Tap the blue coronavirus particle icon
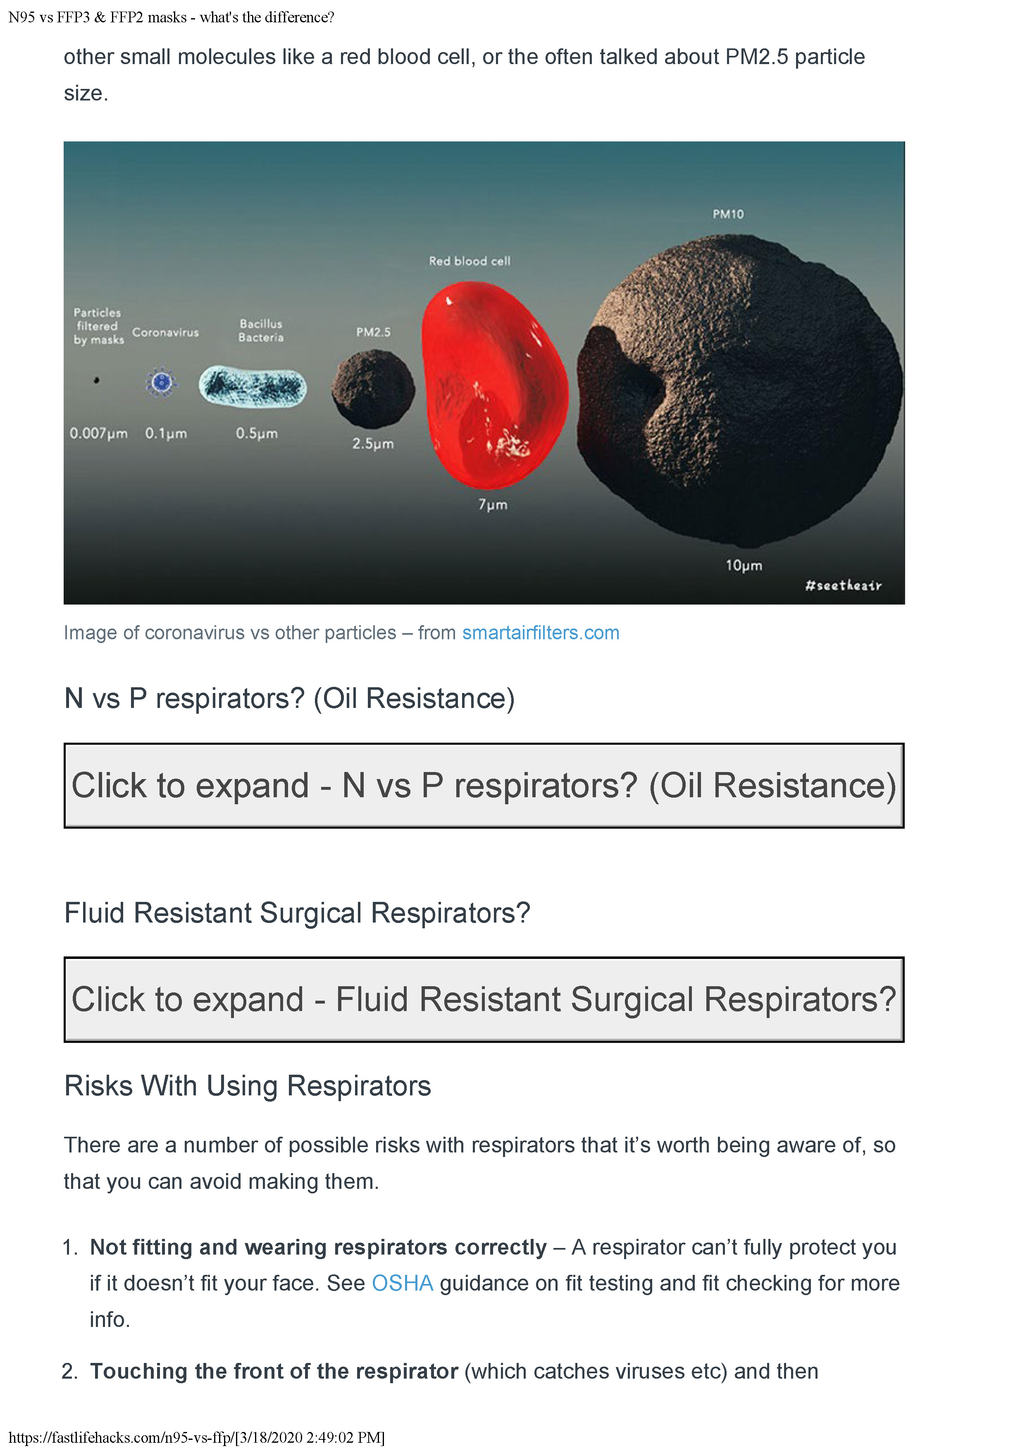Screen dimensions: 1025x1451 [162, 382]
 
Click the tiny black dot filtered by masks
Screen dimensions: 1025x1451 [97, 380]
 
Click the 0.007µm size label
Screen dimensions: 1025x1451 [98, 433]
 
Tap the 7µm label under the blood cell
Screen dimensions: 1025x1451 [493, 504]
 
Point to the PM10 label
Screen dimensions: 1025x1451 [728, 214]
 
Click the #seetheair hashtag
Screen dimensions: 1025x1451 [843, 585]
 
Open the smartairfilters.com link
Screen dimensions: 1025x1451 [541, 633]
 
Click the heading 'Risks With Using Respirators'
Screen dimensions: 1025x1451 [248, 1086]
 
